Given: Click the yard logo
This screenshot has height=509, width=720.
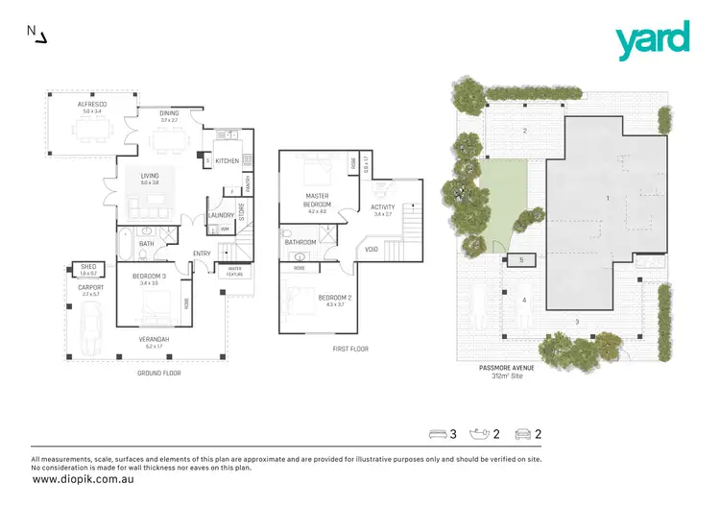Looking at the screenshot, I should coord(653,40).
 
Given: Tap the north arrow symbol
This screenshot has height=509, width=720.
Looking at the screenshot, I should coord(36,35).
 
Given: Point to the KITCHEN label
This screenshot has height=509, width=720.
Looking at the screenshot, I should coord(227,160).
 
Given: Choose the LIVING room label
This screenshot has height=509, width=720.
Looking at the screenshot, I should coord(150,176).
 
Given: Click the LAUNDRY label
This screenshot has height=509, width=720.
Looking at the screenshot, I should coord(221,215).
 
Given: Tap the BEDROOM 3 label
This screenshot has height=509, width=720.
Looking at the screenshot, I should coord(149,277).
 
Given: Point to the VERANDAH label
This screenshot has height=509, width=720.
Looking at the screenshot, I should coord(156,339).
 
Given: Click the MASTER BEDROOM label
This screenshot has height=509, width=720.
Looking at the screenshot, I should coord(318,200).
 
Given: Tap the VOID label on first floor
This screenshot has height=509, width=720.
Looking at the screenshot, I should coord(371,250).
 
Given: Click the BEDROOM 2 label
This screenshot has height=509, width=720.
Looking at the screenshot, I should coord(335,298).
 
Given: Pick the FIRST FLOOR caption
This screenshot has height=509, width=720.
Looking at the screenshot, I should coord(349,349).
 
